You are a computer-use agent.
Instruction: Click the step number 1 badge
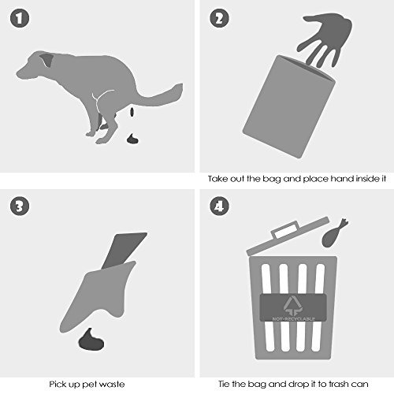tap(20, 18)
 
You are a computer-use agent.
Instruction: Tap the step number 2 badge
tap(219, 18)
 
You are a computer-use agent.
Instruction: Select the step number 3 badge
tap(20, 206)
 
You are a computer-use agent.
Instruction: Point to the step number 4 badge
tap(219, 206)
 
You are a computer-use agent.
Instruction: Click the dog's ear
tap(46, 59)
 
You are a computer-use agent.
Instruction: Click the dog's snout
tap(23, 72)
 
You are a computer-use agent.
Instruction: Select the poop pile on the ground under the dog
tap(132, 139)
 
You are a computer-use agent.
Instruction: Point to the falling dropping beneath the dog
tap(132, 112)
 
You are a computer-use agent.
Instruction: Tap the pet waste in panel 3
tap(91, 340)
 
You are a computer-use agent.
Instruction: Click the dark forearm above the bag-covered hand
tap(123, 250)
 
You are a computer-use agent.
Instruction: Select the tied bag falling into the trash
tap(333, 234)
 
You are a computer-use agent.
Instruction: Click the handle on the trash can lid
tap(285, 229)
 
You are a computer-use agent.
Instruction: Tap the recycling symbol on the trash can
tap(292, 305)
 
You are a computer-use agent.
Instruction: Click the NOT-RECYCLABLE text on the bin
tap(293, 319)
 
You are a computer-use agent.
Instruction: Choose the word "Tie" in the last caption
tap(224, 384)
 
